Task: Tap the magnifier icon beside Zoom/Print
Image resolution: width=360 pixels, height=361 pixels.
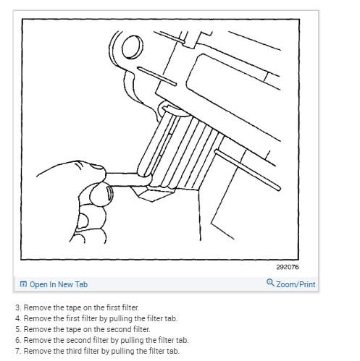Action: tap(271, 284)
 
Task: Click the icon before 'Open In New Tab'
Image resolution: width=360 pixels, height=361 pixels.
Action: tap(24, 284)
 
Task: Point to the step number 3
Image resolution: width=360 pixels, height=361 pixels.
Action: tap(17, 307)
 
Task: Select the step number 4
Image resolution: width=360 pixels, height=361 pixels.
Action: tap(17, 318)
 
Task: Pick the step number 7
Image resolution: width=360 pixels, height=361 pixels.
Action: tap(17, 351)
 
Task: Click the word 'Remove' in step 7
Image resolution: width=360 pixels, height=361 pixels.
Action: tap(35, 351)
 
